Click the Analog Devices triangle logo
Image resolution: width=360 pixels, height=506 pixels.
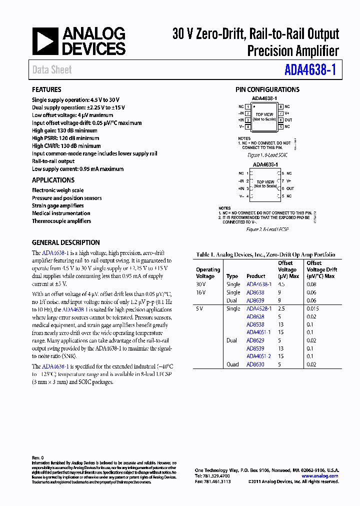click(x=46, y=41)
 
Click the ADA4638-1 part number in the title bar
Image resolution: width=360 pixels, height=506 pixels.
click(x=309, y=69)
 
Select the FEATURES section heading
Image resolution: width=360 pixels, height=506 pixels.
click(x=46, y=89)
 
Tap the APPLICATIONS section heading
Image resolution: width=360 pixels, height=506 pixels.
click(x=53, y=180)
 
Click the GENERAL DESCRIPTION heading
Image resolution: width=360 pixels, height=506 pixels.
click(x=65, y=242)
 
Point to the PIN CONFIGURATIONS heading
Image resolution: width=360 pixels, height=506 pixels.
click(x=267, y=89)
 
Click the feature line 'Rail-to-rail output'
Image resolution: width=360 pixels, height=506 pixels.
click(x=53, y=161)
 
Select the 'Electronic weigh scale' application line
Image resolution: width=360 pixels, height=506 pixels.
click(x=57, y=190)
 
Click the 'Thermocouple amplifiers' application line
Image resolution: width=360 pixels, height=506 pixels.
click(x=61, y=221)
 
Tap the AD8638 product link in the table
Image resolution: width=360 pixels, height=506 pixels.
click(x=255, y=292)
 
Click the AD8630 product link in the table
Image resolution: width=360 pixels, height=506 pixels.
click(x=255, y=364)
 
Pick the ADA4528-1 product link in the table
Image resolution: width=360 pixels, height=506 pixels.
click(x=258, y=308)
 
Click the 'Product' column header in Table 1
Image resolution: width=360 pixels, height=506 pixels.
click(x=255, y=276)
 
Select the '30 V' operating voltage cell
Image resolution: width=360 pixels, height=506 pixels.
click(x=201, y=284)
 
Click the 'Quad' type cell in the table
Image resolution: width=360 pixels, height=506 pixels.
click(x=232, y=364)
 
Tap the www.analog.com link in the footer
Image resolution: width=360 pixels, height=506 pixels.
click(x=320, y=476)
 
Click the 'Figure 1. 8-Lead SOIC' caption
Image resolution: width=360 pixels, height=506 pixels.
click(x=267, y=155)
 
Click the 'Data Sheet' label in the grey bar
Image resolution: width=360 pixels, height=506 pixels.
click(x=52, y=70)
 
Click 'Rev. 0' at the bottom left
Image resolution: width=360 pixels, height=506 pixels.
click(x=38, y=457)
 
